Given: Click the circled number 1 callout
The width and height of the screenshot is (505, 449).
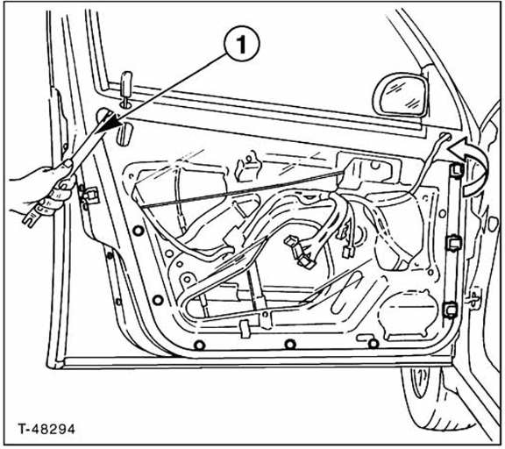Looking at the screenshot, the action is tap(242, 44).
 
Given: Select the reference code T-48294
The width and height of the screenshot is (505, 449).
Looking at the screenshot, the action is tap(46, 429).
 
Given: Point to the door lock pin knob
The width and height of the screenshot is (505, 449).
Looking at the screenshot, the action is tap(126, 84).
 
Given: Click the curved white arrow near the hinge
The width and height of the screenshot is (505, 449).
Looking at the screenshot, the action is tap(471, 164).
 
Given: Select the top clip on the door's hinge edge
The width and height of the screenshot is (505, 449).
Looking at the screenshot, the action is tap(457, 170).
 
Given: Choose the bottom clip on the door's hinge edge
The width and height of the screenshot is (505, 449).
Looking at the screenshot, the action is tap(450, 309).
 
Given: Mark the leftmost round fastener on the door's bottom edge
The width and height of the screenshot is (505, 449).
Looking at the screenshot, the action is tap(200, 346).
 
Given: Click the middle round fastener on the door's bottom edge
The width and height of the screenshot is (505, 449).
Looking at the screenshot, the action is tap(290, 345).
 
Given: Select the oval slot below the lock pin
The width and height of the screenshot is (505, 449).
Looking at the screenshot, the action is tap(124, 133).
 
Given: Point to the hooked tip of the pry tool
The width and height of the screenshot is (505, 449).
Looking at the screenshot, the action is tap(31, 218).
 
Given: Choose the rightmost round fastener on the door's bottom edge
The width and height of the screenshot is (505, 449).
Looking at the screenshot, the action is tap(373, 344).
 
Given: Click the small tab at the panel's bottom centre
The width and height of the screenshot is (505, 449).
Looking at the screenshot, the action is tap(245, 329).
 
